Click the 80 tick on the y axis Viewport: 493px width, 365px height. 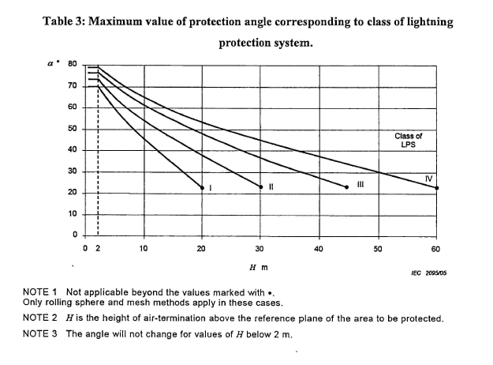(x=72, y=64)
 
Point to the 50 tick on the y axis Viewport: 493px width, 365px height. (x=72, y=129)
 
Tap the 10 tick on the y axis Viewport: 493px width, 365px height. (x=72, y=214)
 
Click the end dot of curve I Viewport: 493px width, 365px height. (x=202, y=187)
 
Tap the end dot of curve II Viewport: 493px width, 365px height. (x=260, y=187)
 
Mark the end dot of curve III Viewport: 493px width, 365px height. (x=347, y=187)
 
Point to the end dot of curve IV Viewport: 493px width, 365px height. (x=436, y=187)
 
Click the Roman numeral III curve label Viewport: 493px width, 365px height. (x=360, y=185)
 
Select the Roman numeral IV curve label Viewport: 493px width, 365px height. (x=428, y=179)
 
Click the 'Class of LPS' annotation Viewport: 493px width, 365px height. (x=408, y=141)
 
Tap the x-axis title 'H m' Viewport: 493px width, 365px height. (x=258, y=268)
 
